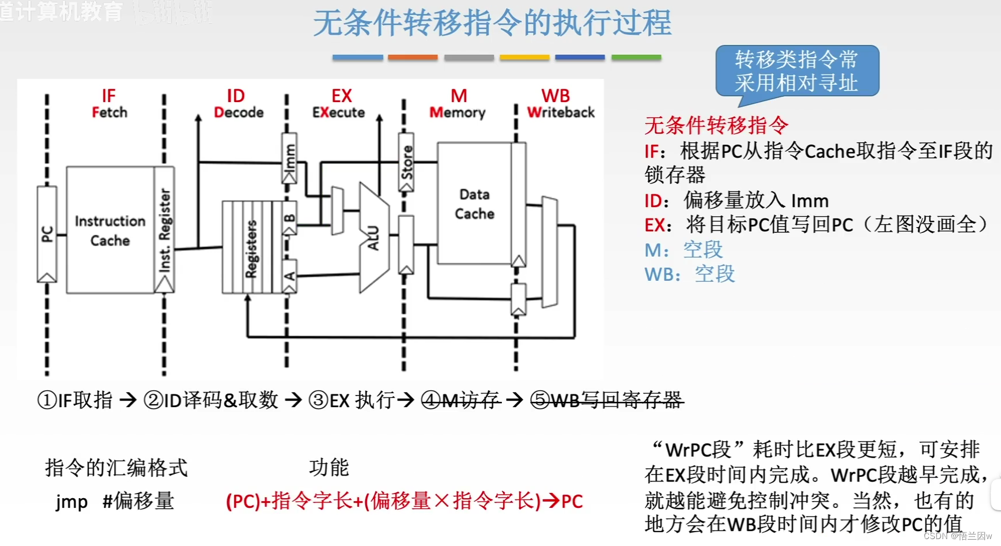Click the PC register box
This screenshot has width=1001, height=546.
[x=47, y=234]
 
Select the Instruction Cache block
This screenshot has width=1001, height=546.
[x=110, y=230]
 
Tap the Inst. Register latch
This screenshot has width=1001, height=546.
[x=164, y=230]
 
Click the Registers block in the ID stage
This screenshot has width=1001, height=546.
[x=252, y=247]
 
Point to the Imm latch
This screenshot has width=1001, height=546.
[x=289, y=158]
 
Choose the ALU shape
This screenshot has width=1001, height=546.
[x=373, y=237]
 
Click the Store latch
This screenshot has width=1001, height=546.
[x=406, y=163]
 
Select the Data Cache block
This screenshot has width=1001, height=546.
[x=474, y=204]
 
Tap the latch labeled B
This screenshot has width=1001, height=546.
[x=290, y=218]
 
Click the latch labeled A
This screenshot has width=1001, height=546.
[x=290, y=276]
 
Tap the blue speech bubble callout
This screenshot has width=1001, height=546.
[x=797, y=71]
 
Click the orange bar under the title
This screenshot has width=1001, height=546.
[x=413, y=58]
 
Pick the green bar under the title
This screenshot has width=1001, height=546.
[x=636, y=58]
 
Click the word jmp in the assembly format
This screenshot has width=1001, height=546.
[x=72, y=501]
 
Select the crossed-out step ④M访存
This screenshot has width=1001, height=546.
[x=460, y=400]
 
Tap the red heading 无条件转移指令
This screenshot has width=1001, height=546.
[x=716, y=125]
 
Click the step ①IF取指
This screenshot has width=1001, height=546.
[x=75, y=400]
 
